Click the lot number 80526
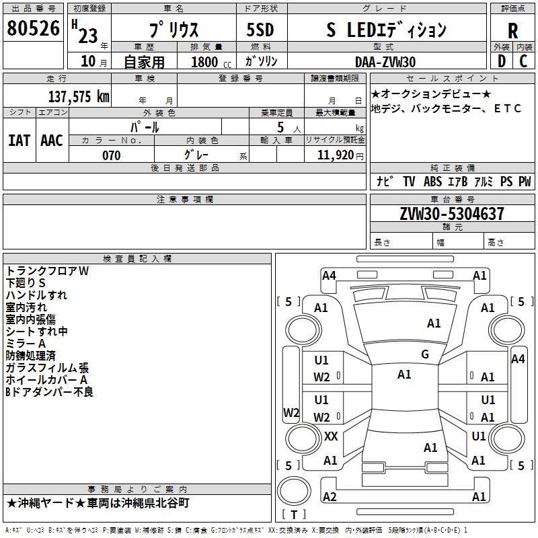(33, 30)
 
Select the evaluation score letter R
(512, 30)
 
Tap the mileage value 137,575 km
(78, 97)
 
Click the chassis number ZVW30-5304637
(452, 215)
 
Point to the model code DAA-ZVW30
(385, 62)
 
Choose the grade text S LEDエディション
(386, 30)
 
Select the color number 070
(111, 155)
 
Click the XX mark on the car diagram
(331, 436)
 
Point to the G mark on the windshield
(425, 354)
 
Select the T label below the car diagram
(295, 515)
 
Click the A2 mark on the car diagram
(330, 497)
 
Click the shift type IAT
(19, 140)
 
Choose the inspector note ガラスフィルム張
(47, 368)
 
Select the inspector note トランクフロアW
(47, 271)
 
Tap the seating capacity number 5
(279, 127)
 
